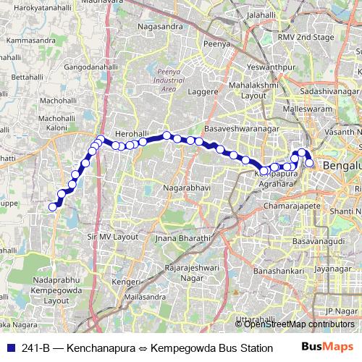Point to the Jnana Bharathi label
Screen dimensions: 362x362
182,237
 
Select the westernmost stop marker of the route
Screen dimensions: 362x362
52,207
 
